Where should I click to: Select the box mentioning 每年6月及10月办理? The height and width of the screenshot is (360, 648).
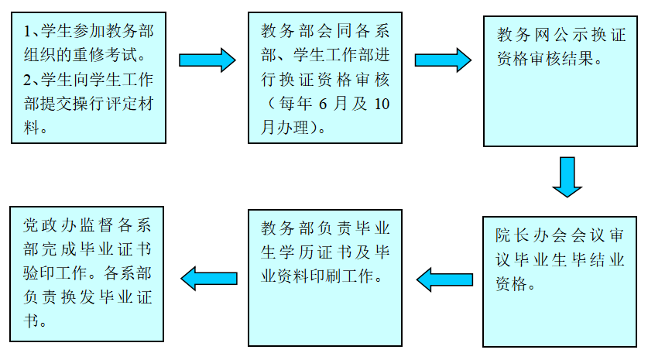325,77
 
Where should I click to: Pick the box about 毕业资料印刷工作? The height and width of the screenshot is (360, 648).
325,277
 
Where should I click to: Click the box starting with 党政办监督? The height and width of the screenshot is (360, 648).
86,273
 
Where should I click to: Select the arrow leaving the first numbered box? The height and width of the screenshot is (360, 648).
207,60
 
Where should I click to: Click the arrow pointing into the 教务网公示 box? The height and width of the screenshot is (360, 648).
443,60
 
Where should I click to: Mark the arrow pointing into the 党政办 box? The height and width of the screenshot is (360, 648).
209,277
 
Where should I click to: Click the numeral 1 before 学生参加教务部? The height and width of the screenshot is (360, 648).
27,32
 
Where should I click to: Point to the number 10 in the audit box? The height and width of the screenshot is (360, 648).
381,104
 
